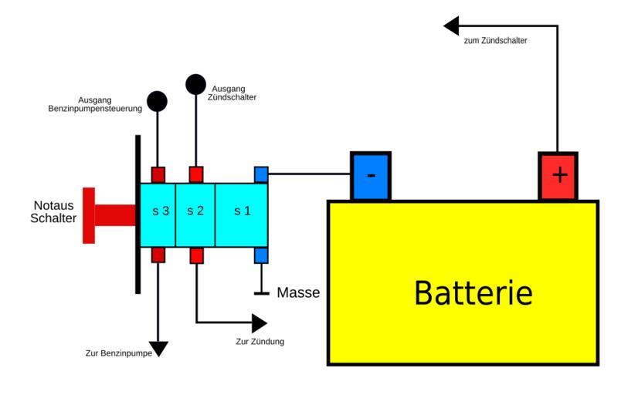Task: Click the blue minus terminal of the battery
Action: [x=371, y=176]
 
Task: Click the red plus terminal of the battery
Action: [x=558, y=176]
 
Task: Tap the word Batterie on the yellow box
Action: [x=473, y=294]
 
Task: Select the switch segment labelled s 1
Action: [x=242, y=210]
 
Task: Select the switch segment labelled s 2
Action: [x=195, y=210]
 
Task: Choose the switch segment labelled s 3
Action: [x=158, y=210]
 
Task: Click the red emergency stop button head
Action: [x=89, y=215]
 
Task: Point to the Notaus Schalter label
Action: [x=55, y=212]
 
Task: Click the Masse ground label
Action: [x=298, y=293]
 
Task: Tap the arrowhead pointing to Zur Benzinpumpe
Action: [x=158, y=349]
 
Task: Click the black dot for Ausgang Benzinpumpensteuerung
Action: [x=158, y=100]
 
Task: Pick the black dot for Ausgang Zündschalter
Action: [x=196, y=83]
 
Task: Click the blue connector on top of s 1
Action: [x=261, y=174]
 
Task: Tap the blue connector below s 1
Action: [x=261, y=255]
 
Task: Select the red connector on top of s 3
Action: [x=158, y=174]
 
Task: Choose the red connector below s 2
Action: [x=197, y=255]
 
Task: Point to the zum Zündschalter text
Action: [x=496, y=40]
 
